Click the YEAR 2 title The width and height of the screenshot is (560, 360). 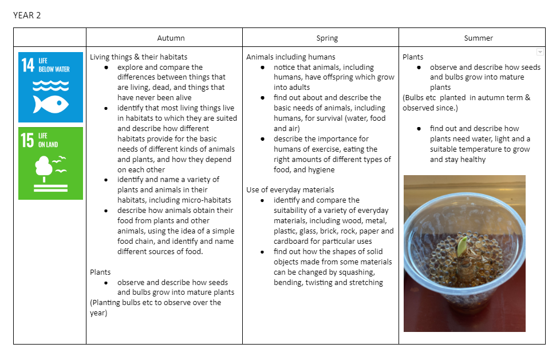coord(27,15)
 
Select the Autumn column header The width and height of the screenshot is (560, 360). coord(171,38)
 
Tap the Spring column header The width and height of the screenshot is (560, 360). coord(327,38)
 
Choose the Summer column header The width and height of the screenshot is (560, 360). coord(478,38)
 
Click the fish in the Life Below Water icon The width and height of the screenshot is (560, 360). coord(50,104)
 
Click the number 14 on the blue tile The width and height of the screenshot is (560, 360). coord(28,65)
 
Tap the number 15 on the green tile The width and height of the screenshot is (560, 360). coord(28,140)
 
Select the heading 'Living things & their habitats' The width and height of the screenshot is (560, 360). coord(139,57)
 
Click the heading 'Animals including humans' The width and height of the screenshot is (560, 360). coord(291,57)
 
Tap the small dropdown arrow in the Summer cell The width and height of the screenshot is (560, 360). coord(539,52)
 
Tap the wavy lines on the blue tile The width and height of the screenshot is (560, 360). coord(50,85)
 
